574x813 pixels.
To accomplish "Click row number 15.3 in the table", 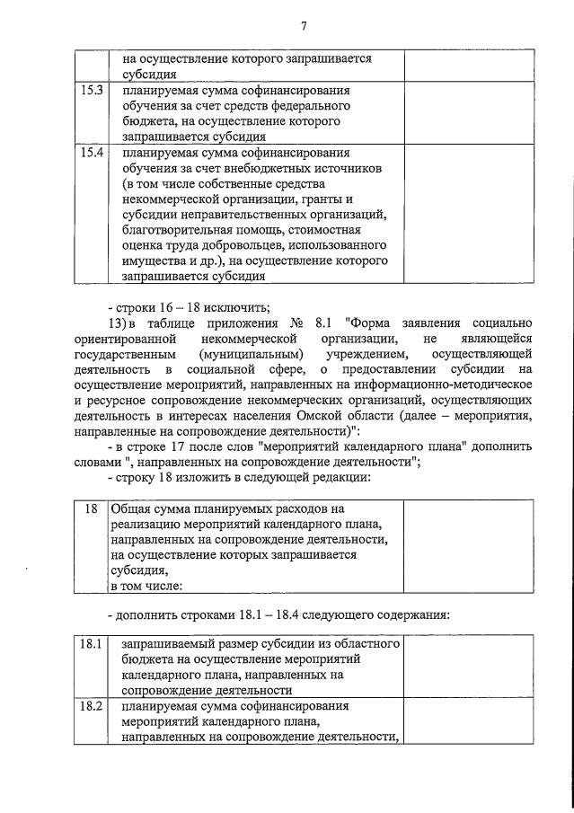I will click(x=89, y=91).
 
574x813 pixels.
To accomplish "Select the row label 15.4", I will click(x=89, y=153).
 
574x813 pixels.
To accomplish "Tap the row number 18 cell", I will click(x=91, y=508).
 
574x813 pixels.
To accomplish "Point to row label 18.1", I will click(x=89, y=645).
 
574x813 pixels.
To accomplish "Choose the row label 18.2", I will click(x=89, y=707).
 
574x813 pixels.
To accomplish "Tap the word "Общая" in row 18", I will click(x=130, y=508).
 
